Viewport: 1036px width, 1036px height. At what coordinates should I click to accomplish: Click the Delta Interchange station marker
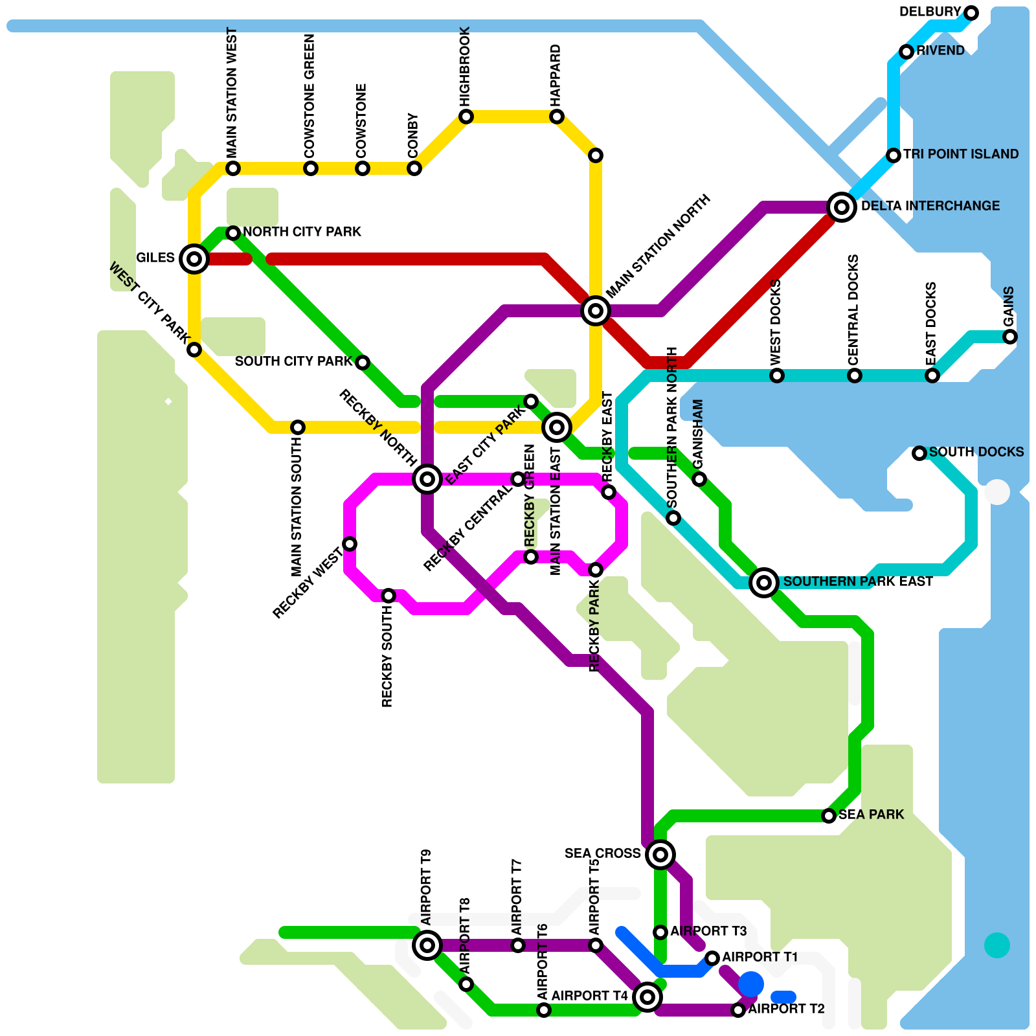(x=842, y=207)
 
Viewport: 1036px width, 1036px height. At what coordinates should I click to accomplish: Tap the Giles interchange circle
(x=194, y=259)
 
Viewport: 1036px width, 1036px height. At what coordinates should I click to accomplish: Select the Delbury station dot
(x=971, y=13)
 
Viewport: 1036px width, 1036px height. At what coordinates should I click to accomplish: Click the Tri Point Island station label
(x=961, y=154)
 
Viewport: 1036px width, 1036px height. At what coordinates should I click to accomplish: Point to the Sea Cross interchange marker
(x=660, y=855)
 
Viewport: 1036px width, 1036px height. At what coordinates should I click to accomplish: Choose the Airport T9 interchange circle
(x=427, y=945)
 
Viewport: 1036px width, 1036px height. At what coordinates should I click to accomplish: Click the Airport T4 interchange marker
(x=647, y=997)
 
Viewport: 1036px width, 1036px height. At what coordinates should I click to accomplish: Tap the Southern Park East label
(x=858, y=581)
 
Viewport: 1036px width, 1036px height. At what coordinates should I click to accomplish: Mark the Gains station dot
(x=1010, y=337)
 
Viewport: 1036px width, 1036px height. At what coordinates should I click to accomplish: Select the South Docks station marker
(x=919, y=453)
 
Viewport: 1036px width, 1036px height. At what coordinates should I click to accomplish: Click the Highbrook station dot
(x=466, y=117)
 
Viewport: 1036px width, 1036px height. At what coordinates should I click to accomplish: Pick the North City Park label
(x=302, y=232)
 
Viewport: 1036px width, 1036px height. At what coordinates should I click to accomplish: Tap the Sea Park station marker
(x=829, y=816)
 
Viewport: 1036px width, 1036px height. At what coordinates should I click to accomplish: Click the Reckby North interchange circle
(x=427, y=479)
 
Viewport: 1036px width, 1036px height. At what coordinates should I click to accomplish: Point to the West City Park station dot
(x=194, y=350)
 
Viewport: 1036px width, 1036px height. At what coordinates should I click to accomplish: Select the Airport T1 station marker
(x=712, y=958)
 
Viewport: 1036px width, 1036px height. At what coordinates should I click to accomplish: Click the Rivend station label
(x=940, y=51)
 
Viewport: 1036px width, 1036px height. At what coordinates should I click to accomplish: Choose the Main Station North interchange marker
(x=596, y=311)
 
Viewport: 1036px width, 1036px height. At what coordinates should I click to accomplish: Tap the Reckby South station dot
(x=388, y=596)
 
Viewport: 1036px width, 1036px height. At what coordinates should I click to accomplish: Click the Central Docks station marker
(x=855, y=376)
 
